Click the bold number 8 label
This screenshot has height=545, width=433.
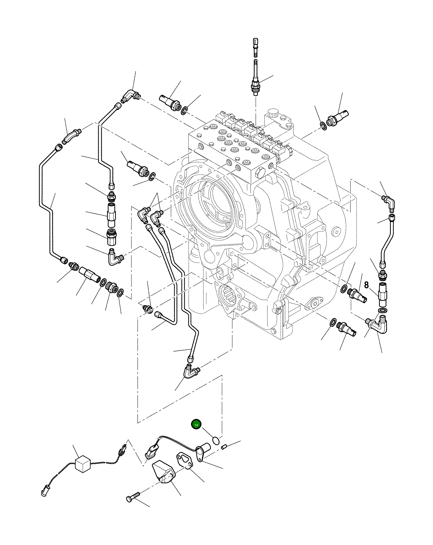coord(366,285)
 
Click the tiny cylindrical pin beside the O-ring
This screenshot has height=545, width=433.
coord(224,448)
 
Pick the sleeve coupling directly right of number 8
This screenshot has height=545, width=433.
coord(382,295)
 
